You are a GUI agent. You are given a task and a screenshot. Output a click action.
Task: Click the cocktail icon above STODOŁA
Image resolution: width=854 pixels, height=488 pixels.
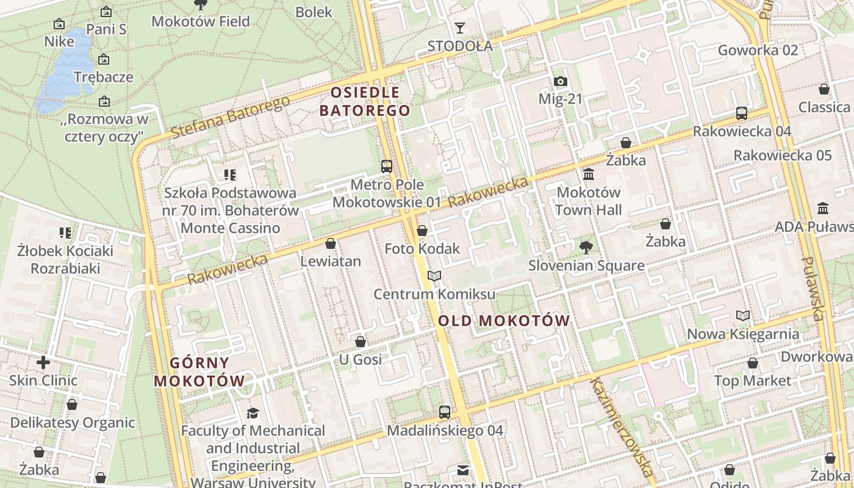click(x=459, y=28)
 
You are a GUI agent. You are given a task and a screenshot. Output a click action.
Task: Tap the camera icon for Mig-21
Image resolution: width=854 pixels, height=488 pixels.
click(x=560, y=81)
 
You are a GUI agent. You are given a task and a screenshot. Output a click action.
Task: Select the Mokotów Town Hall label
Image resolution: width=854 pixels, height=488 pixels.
click(x=589, y=201)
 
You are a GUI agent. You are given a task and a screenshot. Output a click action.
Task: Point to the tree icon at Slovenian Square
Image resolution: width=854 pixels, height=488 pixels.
click(x=586, y=247)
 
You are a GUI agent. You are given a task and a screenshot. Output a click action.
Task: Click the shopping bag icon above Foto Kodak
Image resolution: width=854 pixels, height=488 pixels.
click(x=422, y=231)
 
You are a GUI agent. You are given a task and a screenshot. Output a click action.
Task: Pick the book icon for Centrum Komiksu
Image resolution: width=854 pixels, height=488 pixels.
click(x=434, y=276)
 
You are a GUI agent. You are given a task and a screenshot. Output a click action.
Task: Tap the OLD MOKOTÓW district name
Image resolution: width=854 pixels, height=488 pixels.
click(x=504, y=320)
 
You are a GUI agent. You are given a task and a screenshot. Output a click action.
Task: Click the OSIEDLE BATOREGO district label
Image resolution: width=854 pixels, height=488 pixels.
click(x=365, y=101)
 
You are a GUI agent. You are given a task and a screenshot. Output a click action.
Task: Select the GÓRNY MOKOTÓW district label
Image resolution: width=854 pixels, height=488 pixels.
click(x=199, y=372)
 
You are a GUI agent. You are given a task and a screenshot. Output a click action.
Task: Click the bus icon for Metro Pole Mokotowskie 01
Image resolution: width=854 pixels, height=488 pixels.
click(x=386, y=166)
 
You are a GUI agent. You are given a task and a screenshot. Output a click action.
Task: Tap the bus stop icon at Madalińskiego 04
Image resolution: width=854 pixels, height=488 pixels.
click(x=445, y=412)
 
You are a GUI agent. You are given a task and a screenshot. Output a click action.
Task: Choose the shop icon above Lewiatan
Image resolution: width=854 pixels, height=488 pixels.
click(x=331, y=243)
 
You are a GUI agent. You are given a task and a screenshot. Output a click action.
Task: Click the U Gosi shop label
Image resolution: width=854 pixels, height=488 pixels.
click(x=360, y=359)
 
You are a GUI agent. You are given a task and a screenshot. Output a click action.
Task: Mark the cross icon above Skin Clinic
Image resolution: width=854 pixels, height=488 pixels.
click(x=43, y=362)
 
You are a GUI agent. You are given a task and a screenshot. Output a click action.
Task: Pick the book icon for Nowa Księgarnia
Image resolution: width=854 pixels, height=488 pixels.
click(x=742, y=315)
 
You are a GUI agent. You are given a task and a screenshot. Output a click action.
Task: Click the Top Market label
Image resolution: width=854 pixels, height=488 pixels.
click(x=752, y=381)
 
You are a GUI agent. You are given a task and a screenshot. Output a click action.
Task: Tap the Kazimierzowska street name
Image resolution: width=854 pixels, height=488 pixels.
click(x=621, y=427)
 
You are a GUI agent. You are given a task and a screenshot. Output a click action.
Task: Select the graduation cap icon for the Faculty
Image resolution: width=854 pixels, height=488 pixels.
click(x=253, y=413)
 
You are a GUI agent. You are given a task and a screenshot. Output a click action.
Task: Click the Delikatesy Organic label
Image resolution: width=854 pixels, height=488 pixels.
click(x=72, y=422)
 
